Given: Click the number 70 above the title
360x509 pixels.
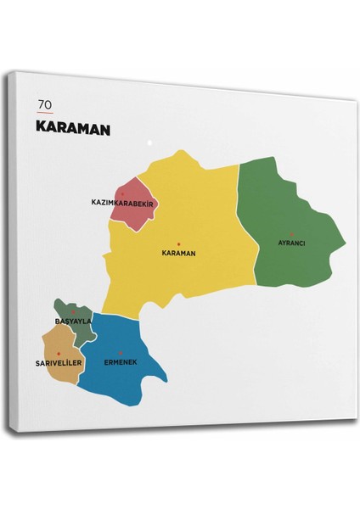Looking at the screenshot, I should pos(45,104).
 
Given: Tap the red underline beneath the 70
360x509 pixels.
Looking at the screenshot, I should pos(45,114).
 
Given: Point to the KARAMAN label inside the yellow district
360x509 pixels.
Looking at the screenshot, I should pos(178,253).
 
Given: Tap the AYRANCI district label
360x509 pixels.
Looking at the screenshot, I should pos(291,243).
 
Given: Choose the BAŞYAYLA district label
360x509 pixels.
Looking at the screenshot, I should pos(73,322).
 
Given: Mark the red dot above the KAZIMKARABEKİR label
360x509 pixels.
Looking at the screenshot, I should pos(122,193).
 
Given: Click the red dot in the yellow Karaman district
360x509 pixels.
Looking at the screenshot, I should pos(178,244).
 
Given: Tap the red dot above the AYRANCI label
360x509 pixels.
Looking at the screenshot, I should pos(291,234).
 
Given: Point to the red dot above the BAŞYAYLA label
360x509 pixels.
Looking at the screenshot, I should pos(74,313).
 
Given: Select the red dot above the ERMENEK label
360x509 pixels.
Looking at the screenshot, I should pos(120,353).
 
